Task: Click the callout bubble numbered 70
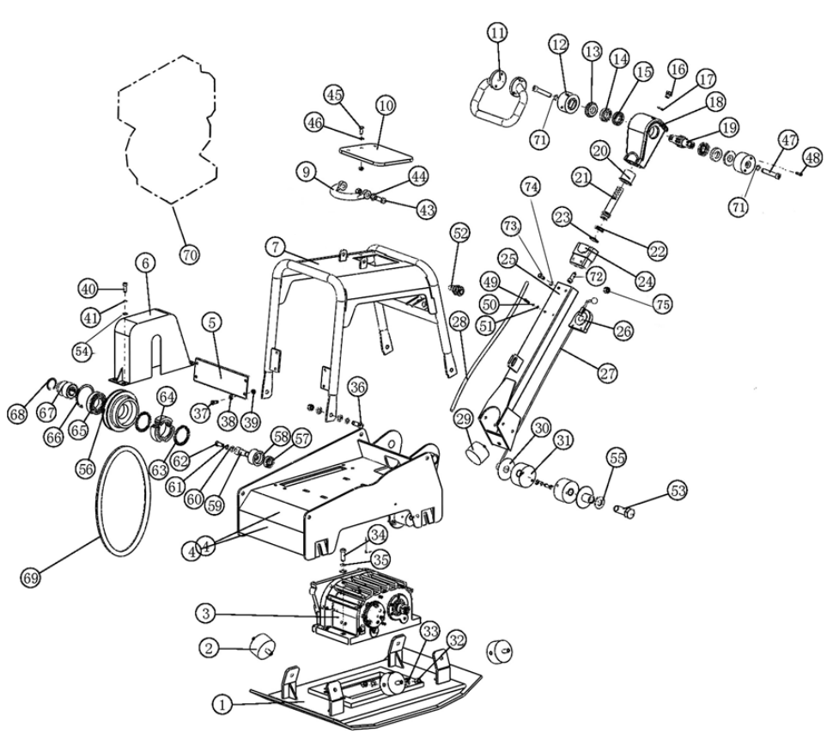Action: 189,254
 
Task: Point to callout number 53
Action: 678,492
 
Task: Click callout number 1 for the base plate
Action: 222,704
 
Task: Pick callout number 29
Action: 464,419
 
